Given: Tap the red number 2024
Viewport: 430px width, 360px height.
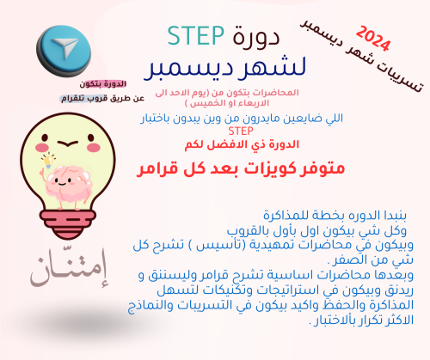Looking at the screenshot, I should [372, 39].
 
